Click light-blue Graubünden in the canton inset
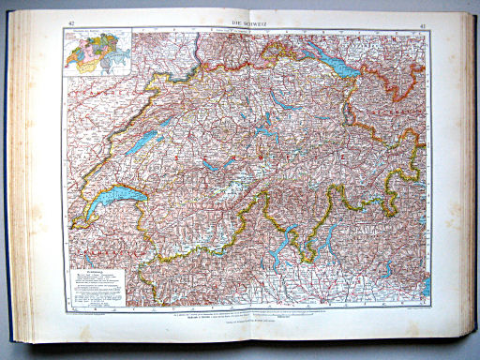(120, 53)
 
